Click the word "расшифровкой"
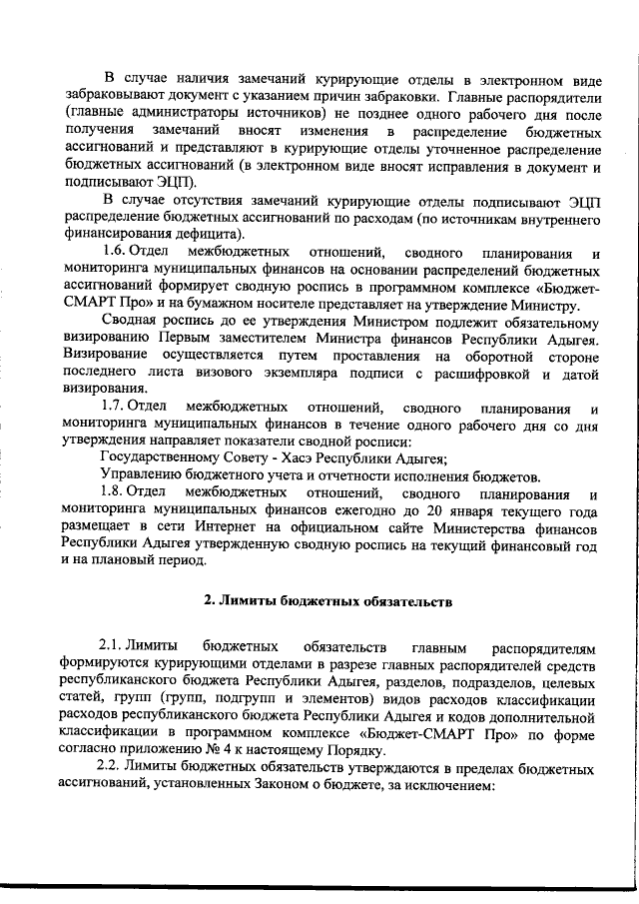pos(473,373)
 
